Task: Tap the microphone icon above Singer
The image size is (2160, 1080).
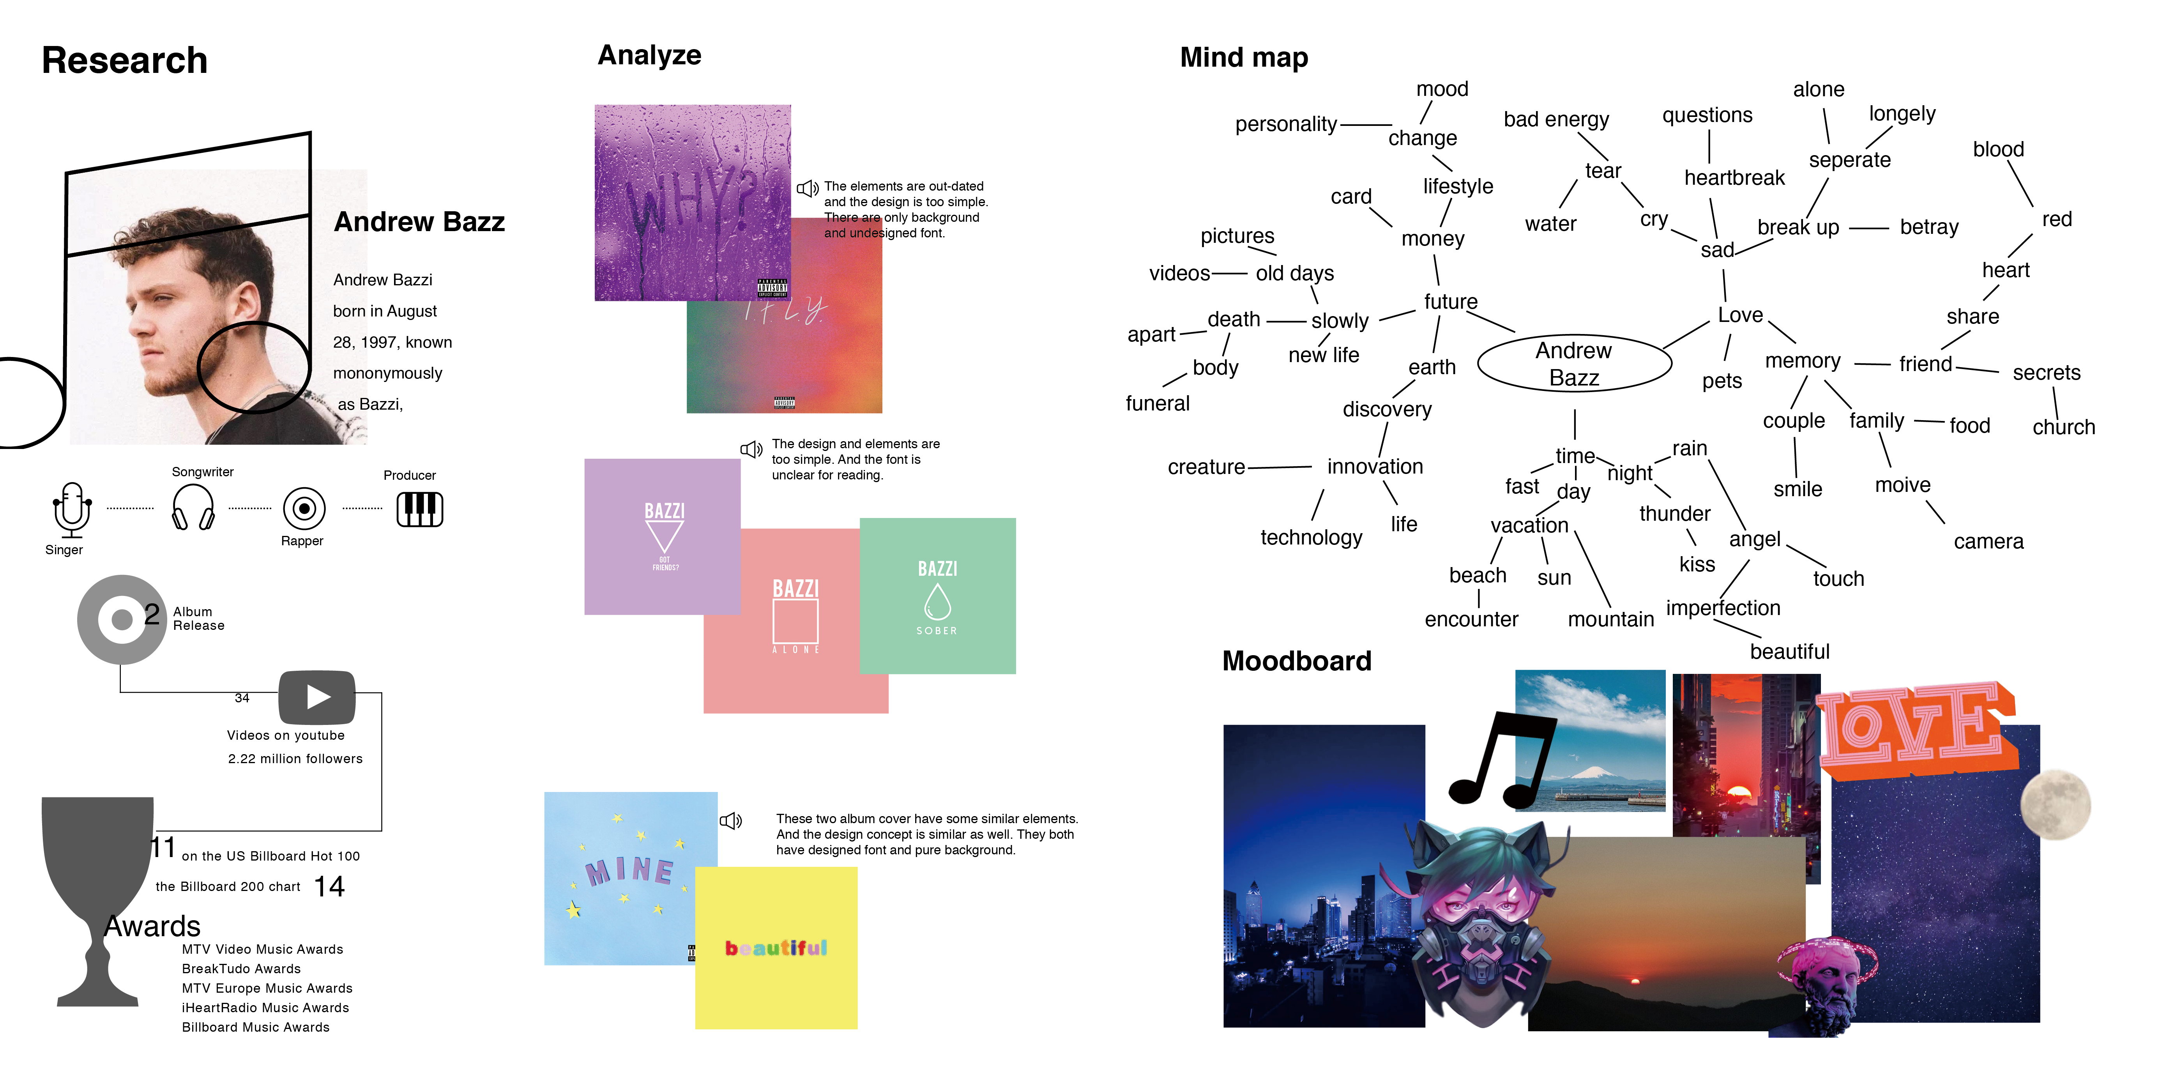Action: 72,507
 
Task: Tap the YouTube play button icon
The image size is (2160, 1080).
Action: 317,697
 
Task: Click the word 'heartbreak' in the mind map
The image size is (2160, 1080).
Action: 1734,178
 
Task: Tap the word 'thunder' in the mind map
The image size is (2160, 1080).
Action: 1674,513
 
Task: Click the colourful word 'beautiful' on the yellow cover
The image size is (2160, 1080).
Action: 776,947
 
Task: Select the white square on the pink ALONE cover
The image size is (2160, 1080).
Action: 795,621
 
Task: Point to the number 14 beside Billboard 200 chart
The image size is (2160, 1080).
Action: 329,886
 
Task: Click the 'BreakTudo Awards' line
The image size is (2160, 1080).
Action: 242,969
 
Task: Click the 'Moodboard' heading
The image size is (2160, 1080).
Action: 1296,661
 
